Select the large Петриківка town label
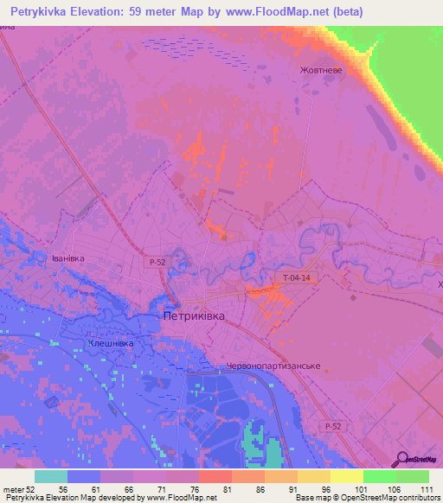194,317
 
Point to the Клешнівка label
111,343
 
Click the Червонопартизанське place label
273,366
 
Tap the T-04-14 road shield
296,277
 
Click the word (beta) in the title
346,11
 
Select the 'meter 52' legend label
20,490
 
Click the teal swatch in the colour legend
51,476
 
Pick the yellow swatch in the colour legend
347,476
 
